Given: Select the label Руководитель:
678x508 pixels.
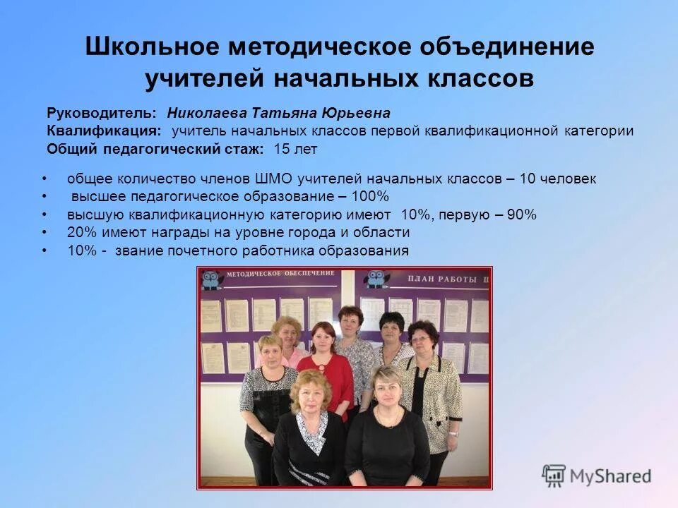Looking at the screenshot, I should pos(101,113).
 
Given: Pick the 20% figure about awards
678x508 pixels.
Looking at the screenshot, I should pos(81,233).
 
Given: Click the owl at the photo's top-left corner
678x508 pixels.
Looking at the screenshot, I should pos(210,279).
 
